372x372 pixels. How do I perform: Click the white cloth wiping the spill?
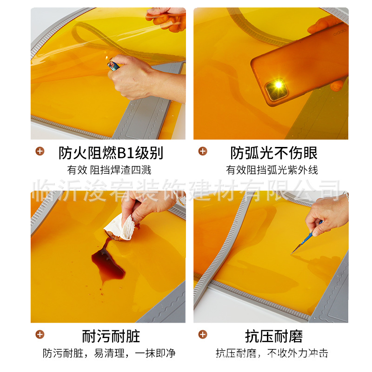pyautogui.click(x=120, y=228)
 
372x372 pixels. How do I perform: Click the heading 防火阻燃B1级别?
pyautogui.click(x=111, y=153)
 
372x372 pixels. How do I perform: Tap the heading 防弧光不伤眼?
pyautogui.click(x=274, y=153)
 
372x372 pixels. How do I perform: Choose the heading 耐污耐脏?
pyautogui.click(x=111, y=336)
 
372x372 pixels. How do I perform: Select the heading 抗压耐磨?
pyautogui.click(x=274, y=336)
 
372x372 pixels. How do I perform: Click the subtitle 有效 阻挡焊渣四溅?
pyautogui.click(x=109, y=170)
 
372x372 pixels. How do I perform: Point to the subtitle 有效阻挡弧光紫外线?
pyautogui.click(x=272, y=170)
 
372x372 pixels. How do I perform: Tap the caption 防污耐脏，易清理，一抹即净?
pyautogui.click(x=109, y=353)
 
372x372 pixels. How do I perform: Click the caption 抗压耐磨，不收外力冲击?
pyautogui.click(x=272, y=353)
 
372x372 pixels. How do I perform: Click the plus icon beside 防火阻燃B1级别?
pyautogui.click(x=40, y=151)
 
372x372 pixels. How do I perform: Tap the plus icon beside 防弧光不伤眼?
pyautogui.click(x=203, y=151)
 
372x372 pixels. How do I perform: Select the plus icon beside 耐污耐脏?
pyautogui.click(x=40, y=334)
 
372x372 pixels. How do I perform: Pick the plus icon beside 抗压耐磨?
pyautogui.click(x=203, y=334)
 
